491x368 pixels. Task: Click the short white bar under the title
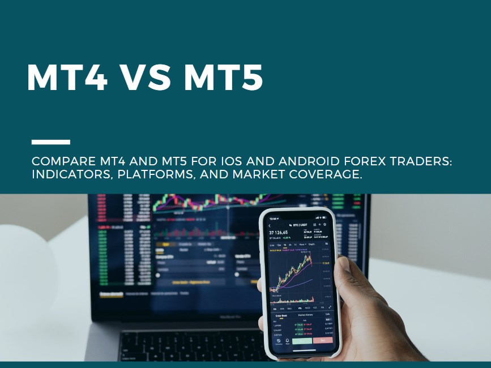51,142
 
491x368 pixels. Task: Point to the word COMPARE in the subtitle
59,162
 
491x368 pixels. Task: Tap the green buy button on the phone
302,341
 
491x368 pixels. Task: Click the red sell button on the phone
323,341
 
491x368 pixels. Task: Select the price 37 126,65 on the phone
278,232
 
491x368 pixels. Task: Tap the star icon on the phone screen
325,225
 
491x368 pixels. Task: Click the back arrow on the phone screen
270,226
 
